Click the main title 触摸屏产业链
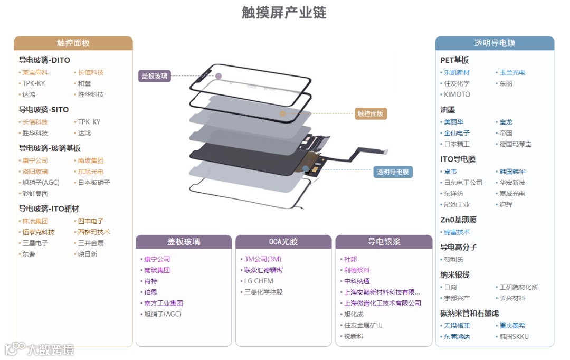284,13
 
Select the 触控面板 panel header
73,43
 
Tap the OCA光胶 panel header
283,242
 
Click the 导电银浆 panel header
384,242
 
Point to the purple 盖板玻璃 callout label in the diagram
155,76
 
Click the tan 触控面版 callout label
370,113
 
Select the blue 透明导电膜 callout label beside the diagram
393,172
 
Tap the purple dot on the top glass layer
218,76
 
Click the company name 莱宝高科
35,73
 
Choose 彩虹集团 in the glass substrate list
35,194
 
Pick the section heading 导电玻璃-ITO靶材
49,209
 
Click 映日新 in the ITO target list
88,254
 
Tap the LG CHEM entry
259,281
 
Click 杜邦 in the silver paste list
350,259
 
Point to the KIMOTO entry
457,94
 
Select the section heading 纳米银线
455,275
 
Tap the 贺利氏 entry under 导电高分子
453,260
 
